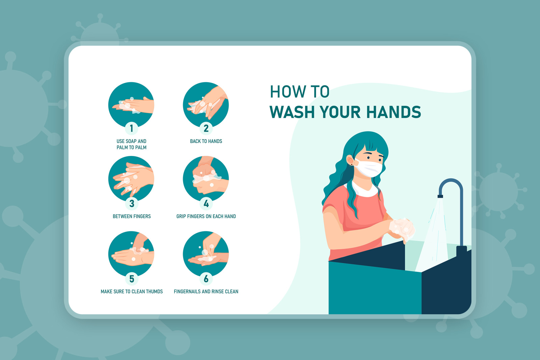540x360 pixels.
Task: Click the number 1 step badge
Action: tap(131, 128)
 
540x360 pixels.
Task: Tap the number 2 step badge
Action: tap(206, 128)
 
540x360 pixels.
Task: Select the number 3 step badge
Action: tap(131, 203)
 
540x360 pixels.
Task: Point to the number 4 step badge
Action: tap(206, 203)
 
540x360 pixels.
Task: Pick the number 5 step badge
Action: tap(131, 279)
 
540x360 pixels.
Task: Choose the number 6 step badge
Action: tap(206, 279)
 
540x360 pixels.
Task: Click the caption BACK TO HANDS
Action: tap(206, 141)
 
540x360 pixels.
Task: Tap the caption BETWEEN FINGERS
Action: tap(132, 216)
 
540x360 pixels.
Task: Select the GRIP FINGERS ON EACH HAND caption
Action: tap(206, 216)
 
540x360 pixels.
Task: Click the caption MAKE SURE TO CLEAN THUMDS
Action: tap(132, 291)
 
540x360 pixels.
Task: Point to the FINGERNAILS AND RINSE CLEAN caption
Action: tap(206, 291)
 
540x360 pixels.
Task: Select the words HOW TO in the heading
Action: tap(300, 92)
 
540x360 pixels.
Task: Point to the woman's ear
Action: tap(350, 160)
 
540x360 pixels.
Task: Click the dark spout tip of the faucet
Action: tap(440, 196)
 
